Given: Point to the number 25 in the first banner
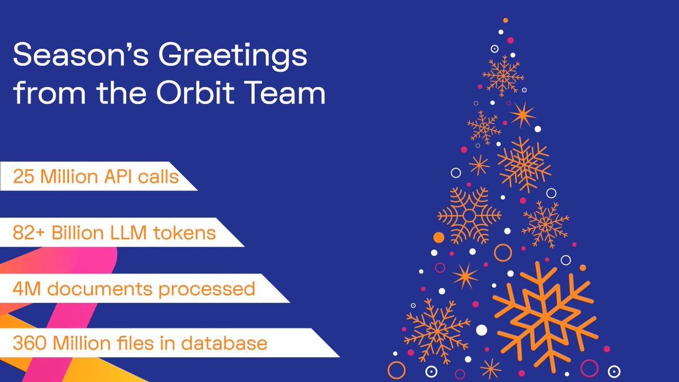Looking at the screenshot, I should coord(24,177).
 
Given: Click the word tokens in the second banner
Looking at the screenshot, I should coord(189,233).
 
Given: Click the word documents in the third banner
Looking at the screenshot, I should coord(98,289).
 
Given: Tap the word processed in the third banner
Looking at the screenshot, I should coord(207,289).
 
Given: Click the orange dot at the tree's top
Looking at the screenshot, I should coord(505,20).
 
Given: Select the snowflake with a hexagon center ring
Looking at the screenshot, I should coord(469,215).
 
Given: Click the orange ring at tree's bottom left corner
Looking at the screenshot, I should coord(397,370).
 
